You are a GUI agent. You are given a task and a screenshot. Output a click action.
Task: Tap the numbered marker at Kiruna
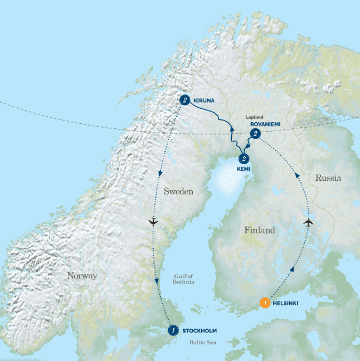186,100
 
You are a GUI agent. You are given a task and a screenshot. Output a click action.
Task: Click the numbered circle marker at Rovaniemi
255,133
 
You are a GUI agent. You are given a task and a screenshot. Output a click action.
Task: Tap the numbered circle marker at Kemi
243,158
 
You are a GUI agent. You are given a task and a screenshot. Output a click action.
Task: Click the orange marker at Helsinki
266,304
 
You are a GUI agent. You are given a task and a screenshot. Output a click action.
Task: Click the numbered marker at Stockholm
173,330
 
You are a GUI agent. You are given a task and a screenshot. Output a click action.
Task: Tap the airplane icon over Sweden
154,222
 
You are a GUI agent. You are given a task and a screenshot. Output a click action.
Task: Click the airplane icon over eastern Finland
308,223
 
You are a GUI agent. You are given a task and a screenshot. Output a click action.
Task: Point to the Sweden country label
178,191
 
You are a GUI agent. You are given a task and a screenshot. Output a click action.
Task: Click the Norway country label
82,276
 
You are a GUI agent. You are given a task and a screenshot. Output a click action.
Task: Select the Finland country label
259,230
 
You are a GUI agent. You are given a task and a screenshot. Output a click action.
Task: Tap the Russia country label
328,178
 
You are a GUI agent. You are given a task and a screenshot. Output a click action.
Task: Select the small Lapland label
254,117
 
